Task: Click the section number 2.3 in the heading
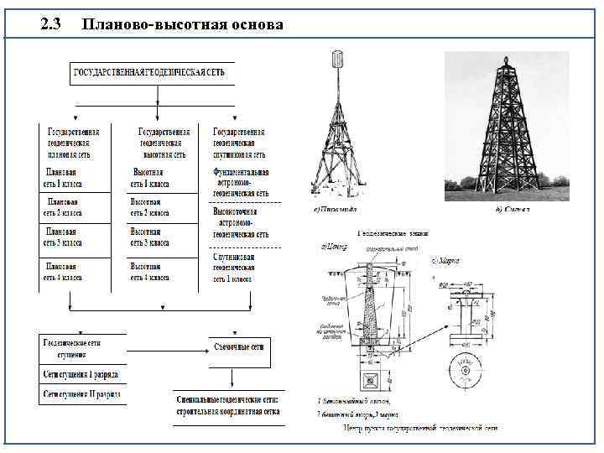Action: [51, 24]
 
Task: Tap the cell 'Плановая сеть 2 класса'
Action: [64, 207]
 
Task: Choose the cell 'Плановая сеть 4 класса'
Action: [64, 271]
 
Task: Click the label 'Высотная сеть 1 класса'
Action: [150, 178]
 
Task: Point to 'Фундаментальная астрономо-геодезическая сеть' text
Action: [242, 182]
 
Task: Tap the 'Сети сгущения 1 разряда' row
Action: [81, 374]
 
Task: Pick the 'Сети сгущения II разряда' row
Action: [81, 393]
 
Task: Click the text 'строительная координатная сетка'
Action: [229, 412]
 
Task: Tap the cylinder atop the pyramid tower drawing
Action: [339, 60]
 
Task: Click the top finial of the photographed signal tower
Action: [505, 60]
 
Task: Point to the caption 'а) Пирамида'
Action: [335, 208]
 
